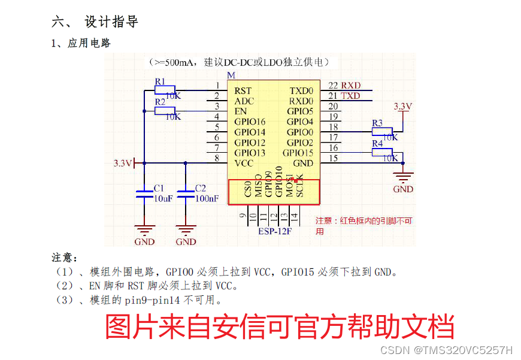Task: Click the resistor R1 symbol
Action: [x=164, y=90]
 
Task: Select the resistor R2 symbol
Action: [x=164, y=111]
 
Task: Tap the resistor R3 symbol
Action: [x=381, y=131]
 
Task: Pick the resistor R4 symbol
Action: [x=381, y=152]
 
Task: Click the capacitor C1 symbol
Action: [x=144, y=193]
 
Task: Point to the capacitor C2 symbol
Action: [x=186, y=193]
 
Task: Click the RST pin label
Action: [x=243, y=90]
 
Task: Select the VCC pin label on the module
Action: [x=244, y=163]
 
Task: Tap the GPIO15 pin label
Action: [x=298, y=153]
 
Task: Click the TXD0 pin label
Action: [x=301, y=90]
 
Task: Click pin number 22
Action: [x=333, y=86]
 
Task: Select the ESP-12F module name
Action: [x=275, y=231]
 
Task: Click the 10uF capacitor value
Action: [x=163, y=198]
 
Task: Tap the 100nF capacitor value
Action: [x=207, y=198]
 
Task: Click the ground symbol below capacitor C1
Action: [x=144, y=229]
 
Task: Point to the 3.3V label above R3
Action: [x=403, y=106]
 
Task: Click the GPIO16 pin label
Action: [x=250, y=122]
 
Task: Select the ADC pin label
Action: [x=244, y=101]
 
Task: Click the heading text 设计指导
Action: [x=112, y=22]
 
